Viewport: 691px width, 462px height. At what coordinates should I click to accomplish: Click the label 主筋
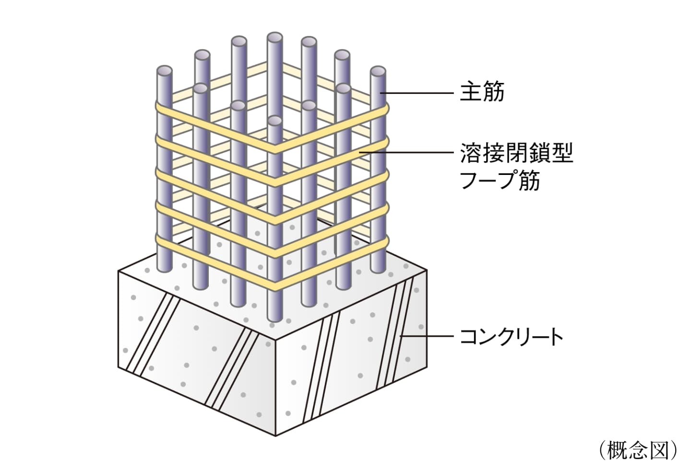coord(482,92)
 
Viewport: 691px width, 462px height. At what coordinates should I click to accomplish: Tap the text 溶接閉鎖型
coord(516,154)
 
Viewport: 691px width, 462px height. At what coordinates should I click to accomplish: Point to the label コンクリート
coord(512,337)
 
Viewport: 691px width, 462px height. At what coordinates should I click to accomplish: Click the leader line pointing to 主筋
coord(417,92)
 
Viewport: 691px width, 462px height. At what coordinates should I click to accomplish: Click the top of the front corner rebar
coord(274,121)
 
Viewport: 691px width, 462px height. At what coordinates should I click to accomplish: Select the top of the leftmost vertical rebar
coord(165,71)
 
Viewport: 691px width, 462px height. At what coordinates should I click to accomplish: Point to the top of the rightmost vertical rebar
coord(378,72)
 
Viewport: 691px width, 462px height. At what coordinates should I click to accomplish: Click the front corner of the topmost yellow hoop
coord(274,150)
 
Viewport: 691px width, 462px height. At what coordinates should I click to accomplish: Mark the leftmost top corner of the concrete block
coord(119,271)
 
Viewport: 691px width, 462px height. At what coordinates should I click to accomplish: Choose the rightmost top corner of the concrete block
coord(427,271)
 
